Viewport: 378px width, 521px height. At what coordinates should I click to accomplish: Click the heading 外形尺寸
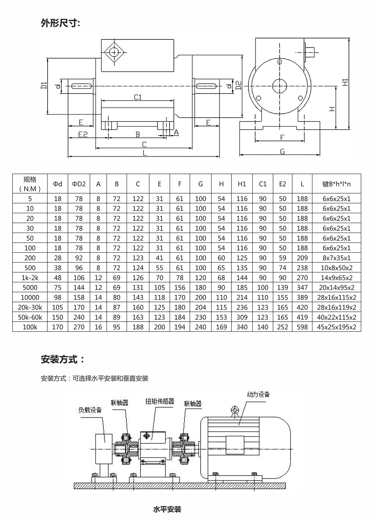click(x=61, y=23)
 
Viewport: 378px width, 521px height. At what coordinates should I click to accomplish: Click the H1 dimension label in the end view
click(x=345, y=82)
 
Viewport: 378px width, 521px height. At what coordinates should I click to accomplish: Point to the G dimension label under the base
click(x=282, y=151)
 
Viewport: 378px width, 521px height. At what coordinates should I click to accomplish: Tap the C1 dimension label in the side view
click(x=138, y=97)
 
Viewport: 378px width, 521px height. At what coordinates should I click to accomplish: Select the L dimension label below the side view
click(x=144, y=153)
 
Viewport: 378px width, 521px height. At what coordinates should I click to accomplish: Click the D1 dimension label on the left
click(x=44, y=86)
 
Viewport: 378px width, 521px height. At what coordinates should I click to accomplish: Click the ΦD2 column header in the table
click(x=79, y=184)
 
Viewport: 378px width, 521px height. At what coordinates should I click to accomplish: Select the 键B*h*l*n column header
click(x=336, y=184)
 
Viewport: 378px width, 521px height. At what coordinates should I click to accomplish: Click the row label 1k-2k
click(x=30, y=278)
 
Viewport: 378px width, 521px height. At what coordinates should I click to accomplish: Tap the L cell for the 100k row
click(x=302, y=327)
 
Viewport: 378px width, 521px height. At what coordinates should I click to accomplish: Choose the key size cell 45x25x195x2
click(x=336, y=327)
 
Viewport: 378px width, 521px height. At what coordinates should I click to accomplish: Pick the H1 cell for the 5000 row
click(x=242, y=288)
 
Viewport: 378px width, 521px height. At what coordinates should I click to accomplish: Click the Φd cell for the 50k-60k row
click(x=58, y=317)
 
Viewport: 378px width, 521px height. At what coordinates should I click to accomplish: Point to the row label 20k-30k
click(x=30, y=307)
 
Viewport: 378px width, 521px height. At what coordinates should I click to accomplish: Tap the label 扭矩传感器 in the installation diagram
click(x=160, y=401)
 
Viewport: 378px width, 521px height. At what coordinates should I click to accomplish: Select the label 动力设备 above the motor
click(x=258, y=394)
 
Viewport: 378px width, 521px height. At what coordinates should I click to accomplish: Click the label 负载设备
click(x=90, y=410)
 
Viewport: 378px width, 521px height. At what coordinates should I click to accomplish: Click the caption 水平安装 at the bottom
click(x=167, y=509)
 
